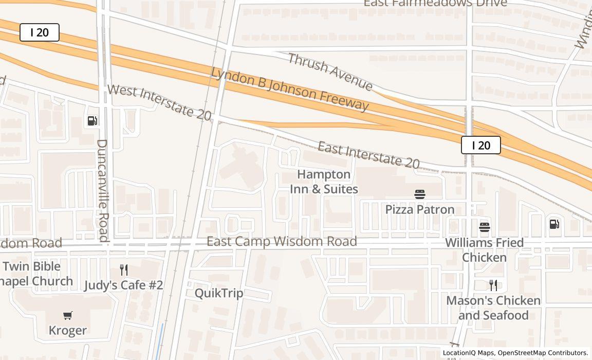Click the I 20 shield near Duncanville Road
point(40,32)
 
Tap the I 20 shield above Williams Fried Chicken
point(480,146)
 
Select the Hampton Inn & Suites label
point(324,182)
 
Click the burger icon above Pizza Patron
point(420,194)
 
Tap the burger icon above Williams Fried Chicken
point(484,227)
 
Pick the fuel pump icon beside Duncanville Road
point(92,121)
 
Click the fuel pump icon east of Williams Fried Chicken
point(554,224)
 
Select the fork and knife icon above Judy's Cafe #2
point(123,269)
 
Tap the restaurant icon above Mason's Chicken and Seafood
point(493,285)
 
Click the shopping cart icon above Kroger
point(68,315)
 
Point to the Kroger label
point(68,330)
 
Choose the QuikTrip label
point(219,293)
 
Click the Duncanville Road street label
point(103,190)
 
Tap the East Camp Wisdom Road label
point(282,241)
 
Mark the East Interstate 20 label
point(368,155)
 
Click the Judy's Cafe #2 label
point(123,285)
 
